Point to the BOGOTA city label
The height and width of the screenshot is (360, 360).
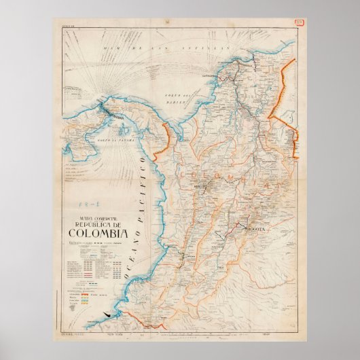click(x=260, y=230)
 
